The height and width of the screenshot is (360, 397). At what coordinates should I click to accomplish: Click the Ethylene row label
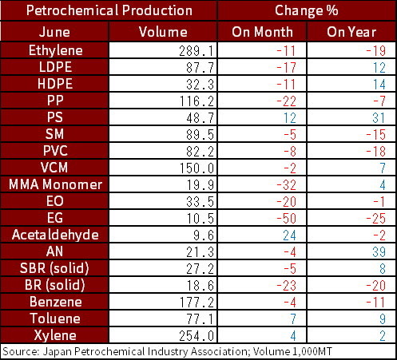point(56,50)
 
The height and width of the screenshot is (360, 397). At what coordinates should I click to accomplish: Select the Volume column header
point(163,32)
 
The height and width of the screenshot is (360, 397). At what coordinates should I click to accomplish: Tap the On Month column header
point(262,32)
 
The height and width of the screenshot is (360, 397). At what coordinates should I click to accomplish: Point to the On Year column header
point(351,32)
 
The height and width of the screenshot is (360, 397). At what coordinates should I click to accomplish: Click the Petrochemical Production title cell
point(109,10)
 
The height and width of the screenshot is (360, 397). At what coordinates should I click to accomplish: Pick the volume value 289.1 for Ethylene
point(197,51)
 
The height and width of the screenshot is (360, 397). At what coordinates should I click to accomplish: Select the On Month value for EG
point(287,219)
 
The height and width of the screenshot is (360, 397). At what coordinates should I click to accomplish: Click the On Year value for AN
point(379,252)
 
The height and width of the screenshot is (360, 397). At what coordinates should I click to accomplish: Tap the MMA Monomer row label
point(55,184)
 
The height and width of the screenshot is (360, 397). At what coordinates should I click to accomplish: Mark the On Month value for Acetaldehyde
point(289,235)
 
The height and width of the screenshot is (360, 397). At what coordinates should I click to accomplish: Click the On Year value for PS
point(379,118)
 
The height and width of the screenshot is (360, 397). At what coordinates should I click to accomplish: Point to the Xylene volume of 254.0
point(197,336)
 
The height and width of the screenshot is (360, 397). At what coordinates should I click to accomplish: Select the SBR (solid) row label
point(54,268)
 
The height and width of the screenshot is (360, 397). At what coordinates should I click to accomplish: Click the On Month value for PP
point(287,101)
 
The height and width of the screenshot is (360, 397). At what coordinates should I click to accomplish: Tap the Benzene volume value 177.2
point(197,303)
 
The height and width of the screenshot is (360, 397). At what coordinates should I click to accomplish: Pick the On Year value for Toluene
point(383,319)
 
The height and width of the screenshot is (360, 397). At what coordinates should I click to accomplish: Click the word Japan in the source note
point(58,352)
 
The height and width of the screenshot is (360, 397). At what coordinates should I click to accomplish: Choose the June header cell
point(54,32)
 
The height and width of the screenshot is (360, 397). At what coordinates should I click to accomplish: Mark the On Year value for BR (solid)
point(376,286)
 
